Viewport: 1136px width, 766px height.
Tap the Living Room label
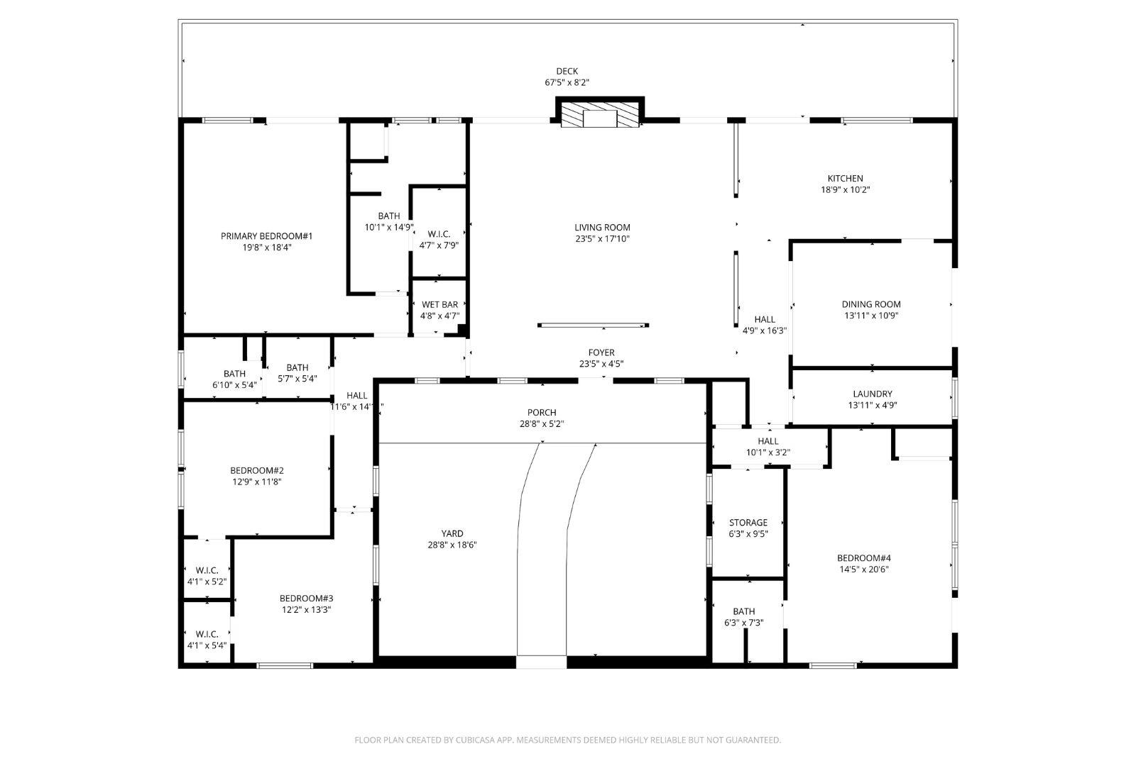coord(602,228)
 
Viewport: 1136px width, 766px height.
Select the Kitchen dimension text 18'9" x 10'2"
coord(845,190)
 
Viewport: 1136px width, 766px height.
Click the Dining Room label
coord(871,304)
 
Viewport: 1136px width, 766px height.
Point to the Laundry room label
coord(872,394)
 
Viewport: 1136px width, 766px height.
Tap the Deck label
coord(567,71)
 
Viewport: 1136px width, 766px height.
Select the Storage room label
coord(748,523)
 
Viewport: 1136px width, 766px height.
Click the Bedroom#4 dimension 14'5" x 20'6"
coord(863,569)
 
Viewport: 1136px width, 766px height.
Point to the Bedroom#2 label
coord(257,470)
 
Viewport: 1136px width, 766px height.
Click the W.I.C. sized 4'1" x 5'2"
coord(207,576)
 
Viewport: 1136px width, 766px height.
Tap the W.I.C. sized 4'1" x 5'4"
coord(207,640)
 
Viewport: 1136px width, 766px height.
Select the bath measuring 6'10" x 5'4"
coord(234,379)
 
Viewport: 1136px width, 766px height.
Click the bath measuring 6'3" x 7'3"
coord(743,617)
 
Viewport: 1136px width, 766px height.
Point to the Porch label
coord(542,413)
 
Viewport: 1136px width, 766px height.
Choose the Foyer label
coord(601,353)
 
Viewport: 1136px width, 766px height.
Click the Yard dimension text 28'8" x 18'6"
coord(452,545)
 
